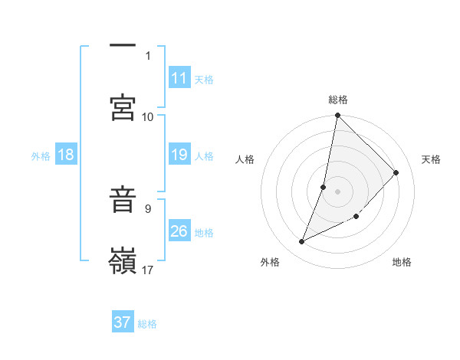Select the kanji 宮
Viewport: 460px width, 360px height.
[123, 108]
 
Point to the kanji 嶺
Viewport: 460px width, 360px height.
[123, 261]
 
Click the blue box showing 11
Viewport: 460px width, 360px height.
[179, 78]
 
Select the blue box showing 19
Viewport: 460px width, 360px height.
[179, 155]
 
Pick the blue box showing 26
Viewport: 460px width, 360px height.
[179, 231]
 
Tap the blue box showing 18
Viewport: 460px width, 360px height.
[66, 155]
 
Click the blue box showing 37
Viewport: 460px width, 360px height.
[123, 322]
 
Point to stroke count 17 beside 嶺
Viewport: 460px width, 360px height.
[148, 270]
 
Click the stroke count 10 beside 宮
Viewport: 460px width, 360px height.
[148, 116]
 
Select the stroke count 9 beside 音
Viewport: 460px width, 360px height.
[148, 208]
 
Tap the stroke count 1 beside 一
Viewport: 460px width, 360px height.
[148, 55]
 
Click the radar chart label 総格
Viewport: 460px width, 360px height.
[338, 100]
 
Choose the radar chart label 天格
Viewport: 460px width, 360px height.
[431, 159]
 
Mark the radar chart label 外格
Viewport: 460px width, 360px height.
[270, 262]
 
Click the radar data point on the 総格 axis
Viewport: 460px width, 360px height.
[337, 116]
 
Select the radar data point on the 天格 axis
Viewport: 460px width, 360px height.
[396, 172]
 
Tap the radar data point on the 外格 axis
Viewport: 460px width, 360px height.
[301, 242]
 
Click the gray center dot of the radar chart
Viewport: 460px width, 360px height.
[337, 191]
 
